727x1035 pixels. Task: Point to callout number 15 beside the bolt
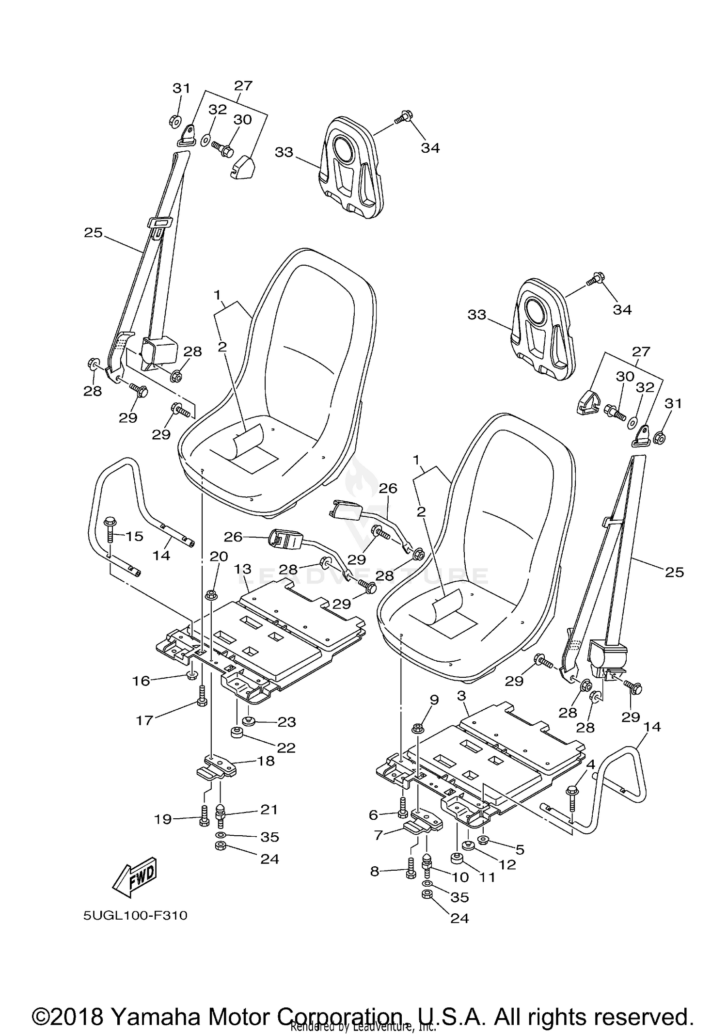point(135,536)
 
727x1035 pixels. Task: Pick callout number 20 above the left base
point(219,557)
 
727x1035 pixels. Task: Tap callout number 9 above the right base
point(434,700)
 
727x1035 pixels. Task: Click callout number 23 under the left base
point(286,722)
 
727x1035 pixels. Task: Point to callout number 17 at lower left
point(144,720)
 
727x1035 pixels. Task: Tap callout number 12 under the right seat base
point(507,864)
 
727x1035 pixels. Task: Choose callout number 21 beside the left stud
point(269,810)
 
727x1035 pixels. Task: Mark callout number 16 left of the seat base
point(141,681)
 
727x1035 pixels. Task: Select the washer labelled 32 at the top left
point(205,140)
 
